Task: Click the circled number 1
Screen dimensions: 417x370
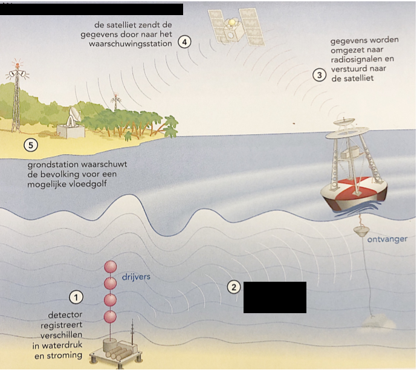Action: tap(76, 297)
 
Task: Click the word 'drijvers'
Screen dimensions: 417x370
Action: tap(137, 277)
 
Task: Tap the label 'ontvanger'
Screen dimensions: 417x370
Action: tap(387, 239)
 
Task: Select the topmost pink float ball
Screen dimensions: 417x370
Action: tap(111, 267)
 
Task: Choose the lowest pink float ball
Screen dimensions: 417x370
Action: tap(111, 317)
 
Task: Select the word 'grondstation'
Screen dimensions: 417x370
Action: tap(57, 164)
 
